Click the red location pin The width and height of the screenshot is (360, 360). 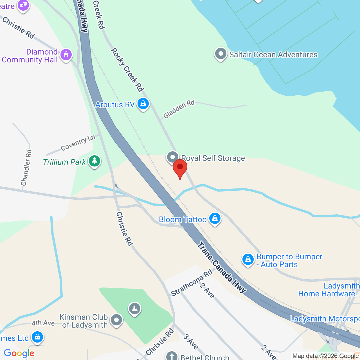[180, 168]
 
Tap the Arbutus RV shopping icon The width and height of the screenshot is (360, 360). [143, 104]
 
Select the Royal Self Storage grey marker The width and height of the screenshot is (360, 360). [173, 157]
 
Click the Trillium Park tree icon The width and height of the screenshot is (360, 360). [94, 161]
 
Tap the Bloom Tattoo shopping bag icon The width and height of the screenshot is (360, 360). [215, 219]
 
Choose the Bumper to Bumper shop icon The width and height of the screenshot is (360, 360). [248, 260]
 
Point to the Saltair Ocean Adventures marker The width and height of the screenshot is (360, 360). [220, 54]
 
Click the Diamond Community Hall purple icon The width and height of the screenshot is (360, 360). [66, 55]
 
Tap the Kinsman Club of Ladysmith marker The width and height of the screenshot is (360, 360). [116, 320]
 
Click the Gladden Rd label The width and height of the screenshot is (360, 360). [179, 109]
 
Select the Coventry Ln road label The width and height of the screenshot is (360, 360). [78, 143]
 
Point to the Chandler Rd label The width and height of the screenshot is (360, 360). [26, 168]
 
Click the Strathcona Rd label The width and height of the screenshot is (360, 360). [192, 283]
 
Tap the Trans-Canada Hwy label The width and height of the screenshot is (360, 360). [221, 267]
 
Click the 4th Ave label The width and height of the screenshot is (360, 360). [43, 323]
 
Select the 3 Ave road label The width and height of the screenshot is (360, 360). [191, 341]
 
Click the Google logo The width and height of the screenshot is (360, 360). [19, 353]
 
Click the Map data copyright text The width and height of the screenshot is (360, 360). [325, 356]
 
